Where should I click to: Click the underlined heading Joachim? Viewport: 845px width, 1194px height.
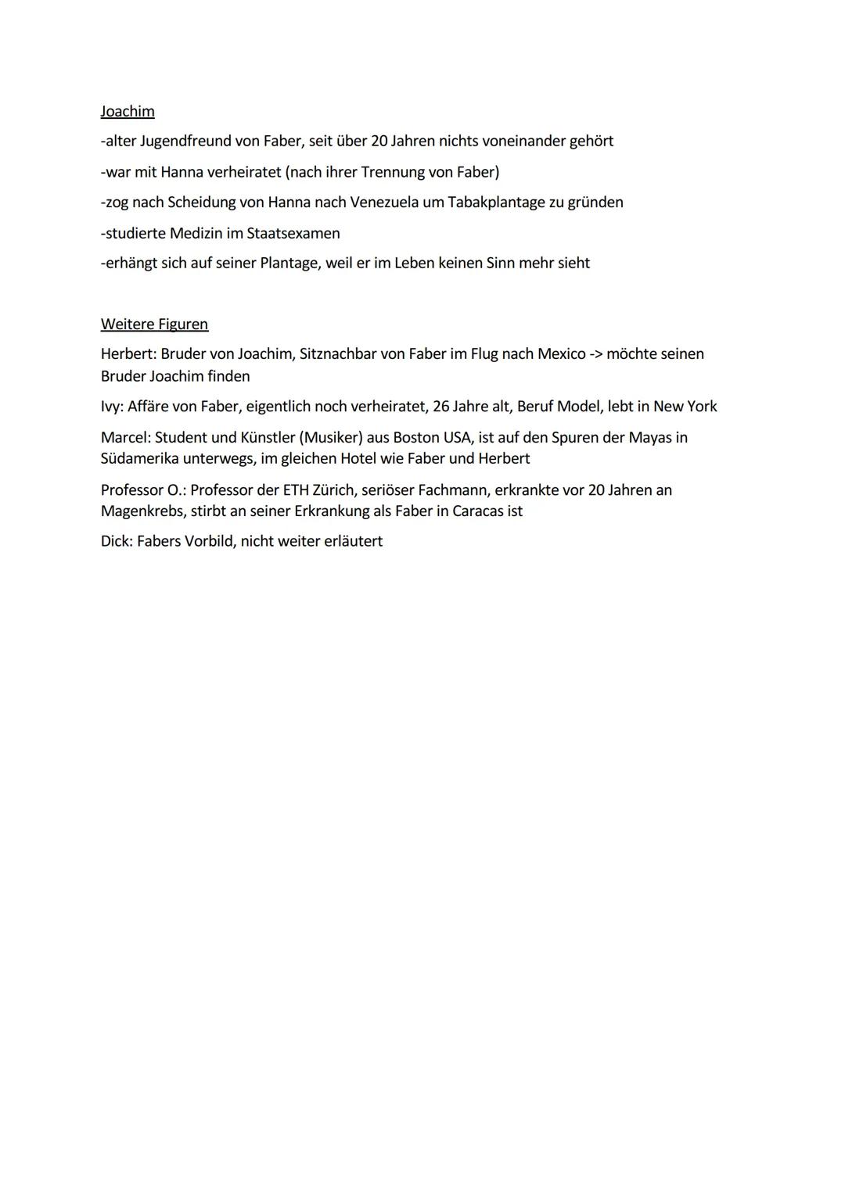[128, 111]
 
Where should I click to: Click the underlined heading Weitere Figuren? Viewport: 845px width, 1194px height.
[154, 324]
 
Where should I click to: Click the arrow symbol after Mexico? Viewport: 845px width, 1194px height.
[596, 354]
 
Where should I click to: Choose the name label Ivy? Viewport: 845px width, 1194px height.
[112, 407]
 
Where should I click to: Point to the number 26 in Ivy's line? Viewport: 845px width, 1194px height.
[440, 407]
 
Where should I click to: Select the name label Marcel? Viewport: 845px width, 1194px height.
[125, 437]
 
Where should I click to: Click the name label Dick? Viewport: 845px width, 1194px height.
[117, 541]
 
